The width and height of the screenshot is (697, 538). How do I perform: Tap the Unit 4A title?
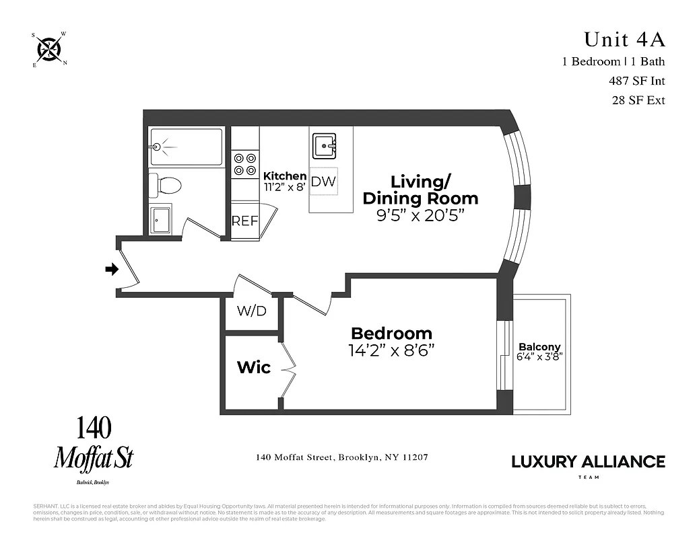point(624,40)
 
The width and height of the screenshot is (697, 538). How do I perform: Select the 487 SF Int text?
point(636,81)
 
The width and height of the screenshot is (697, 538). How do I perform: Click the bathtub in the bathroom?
point(186,147)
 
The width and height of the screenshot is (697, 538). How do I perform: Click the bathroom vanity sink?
point(161,219)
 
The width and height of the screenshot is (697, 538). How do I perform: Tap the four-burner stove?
point(245,164)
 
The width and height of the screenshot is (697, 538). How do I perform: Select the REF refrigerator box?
point(245,221)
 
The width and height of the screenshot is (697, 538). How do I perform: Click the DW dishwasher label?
point(323,182)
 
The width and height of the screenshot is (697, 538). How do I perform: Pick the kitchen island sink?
point(324,145)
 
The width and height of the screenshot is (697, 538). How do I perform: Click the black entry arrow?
point(112,270)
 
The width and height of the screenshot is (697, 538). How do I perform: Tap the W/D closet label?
point(251,312)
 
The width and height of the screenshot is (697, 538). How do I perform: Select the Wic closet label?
point(254,367)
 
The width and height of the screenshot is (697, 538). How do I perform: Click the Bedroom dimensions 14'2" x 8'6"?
point(391,350)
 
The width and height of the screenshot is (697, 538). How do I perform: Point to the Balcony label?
point(539,347)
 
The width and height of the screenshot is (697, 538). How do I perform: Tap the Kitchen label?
point(285,176)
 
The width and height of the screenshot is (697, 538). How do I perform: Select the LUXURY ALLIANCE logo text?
point(588,461)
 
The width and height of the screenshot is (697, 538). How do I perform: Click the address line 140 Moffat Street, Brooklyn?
point(342,457)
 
